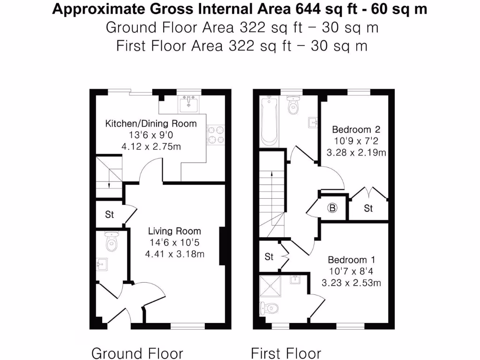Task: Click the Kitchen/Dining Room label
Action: pos(150,124)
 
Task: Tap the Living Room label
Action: pos(174,231)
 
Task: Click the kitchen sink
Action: pos(190,103)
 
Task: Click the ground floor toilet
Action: pos(112,242)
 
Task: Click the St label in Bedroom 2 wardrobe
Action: pos(368,208)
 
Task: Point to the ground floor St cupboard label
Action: pos(109,215)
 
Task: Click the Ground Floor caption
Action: pos(137,353)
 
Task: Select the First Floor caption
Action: pos(286,353)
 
